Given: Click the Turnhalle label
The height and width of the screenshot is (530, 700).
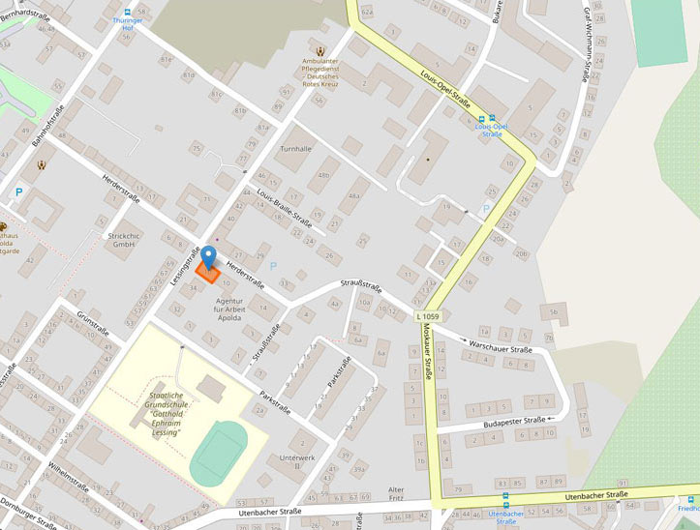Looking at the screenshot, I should click(295, 150).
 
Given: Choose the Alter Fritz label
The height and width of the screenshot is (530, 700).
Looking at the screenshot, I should click(396, 494).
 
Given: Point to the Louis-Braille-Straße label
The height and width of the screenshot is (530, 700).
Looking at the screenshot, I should click(284, 205).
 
